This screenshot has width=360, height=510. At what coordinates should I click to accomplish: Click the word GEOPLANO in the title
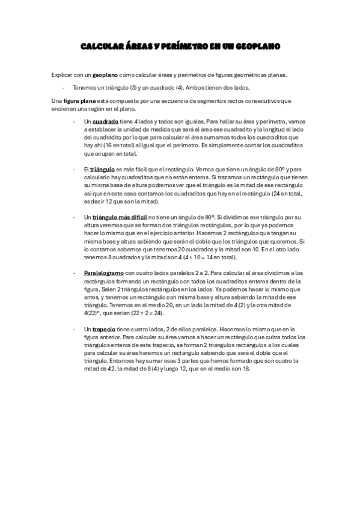coord(257,46)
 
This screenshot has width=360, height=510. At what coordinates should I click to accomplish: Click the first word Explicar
coord(62,75)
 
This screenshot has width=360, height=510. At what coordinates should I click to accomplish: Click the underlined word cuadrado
coord(105,121)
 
